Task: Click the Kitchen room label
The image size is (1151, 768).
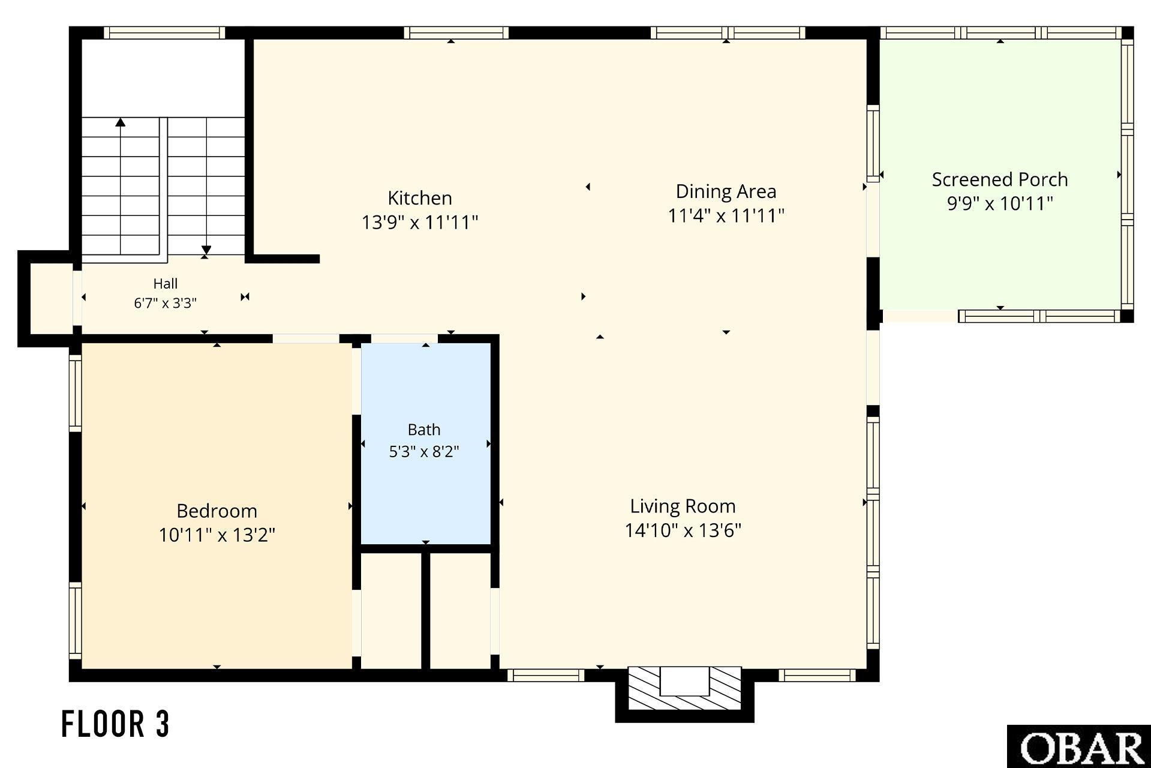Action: point(420,198)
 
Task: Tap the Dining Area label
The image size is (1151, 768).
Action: point(726,191)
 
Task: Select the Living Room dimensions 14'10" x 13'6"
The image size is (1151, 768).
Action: point(683,530)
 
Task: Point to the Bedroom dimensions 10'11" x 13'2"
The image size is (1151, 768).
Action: point(217,535)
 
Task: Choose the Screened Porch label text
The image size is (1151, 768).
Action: point(1000,179)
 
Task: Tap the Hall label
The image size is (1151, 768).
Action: point(166,283)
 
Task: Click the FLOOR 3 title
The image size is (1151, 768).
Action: point(116,724)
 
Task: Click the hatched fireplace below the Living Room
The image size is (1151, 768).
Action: point(684,688)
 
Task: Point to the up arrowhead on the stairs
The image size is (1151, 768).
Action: point(121,122)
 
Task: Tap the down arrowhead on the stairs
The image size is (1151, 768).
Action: point(206,250)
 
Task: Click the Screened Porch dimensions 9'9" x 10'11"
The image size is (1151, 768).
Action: point(1000,203)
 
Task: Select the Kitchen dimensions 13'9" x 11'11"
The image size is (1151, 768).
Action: point(420,223)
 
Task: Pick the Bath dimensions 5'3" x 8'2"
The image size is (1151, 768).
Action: point(424,451)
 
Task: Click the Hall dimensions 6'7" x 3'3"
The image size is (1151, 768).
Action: point(166,303)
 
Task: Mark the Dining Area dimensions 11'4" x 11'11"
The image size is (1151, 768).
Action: point(726,215)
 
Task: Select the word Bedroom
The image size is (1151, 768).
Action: point(217,511)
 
